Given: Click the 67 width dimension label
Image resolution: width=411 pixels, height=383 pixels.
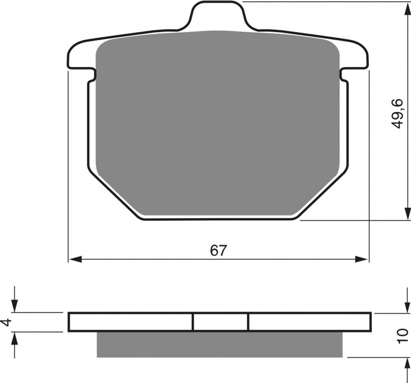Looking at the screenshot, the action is (218, 251).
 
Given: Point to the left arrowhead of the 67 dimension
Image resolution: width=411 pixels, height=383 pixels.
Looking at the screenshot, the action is (75, 259).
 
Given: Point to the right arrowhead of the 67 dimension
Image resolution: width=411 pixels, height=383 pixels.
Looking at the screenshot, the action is (362, 259).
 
